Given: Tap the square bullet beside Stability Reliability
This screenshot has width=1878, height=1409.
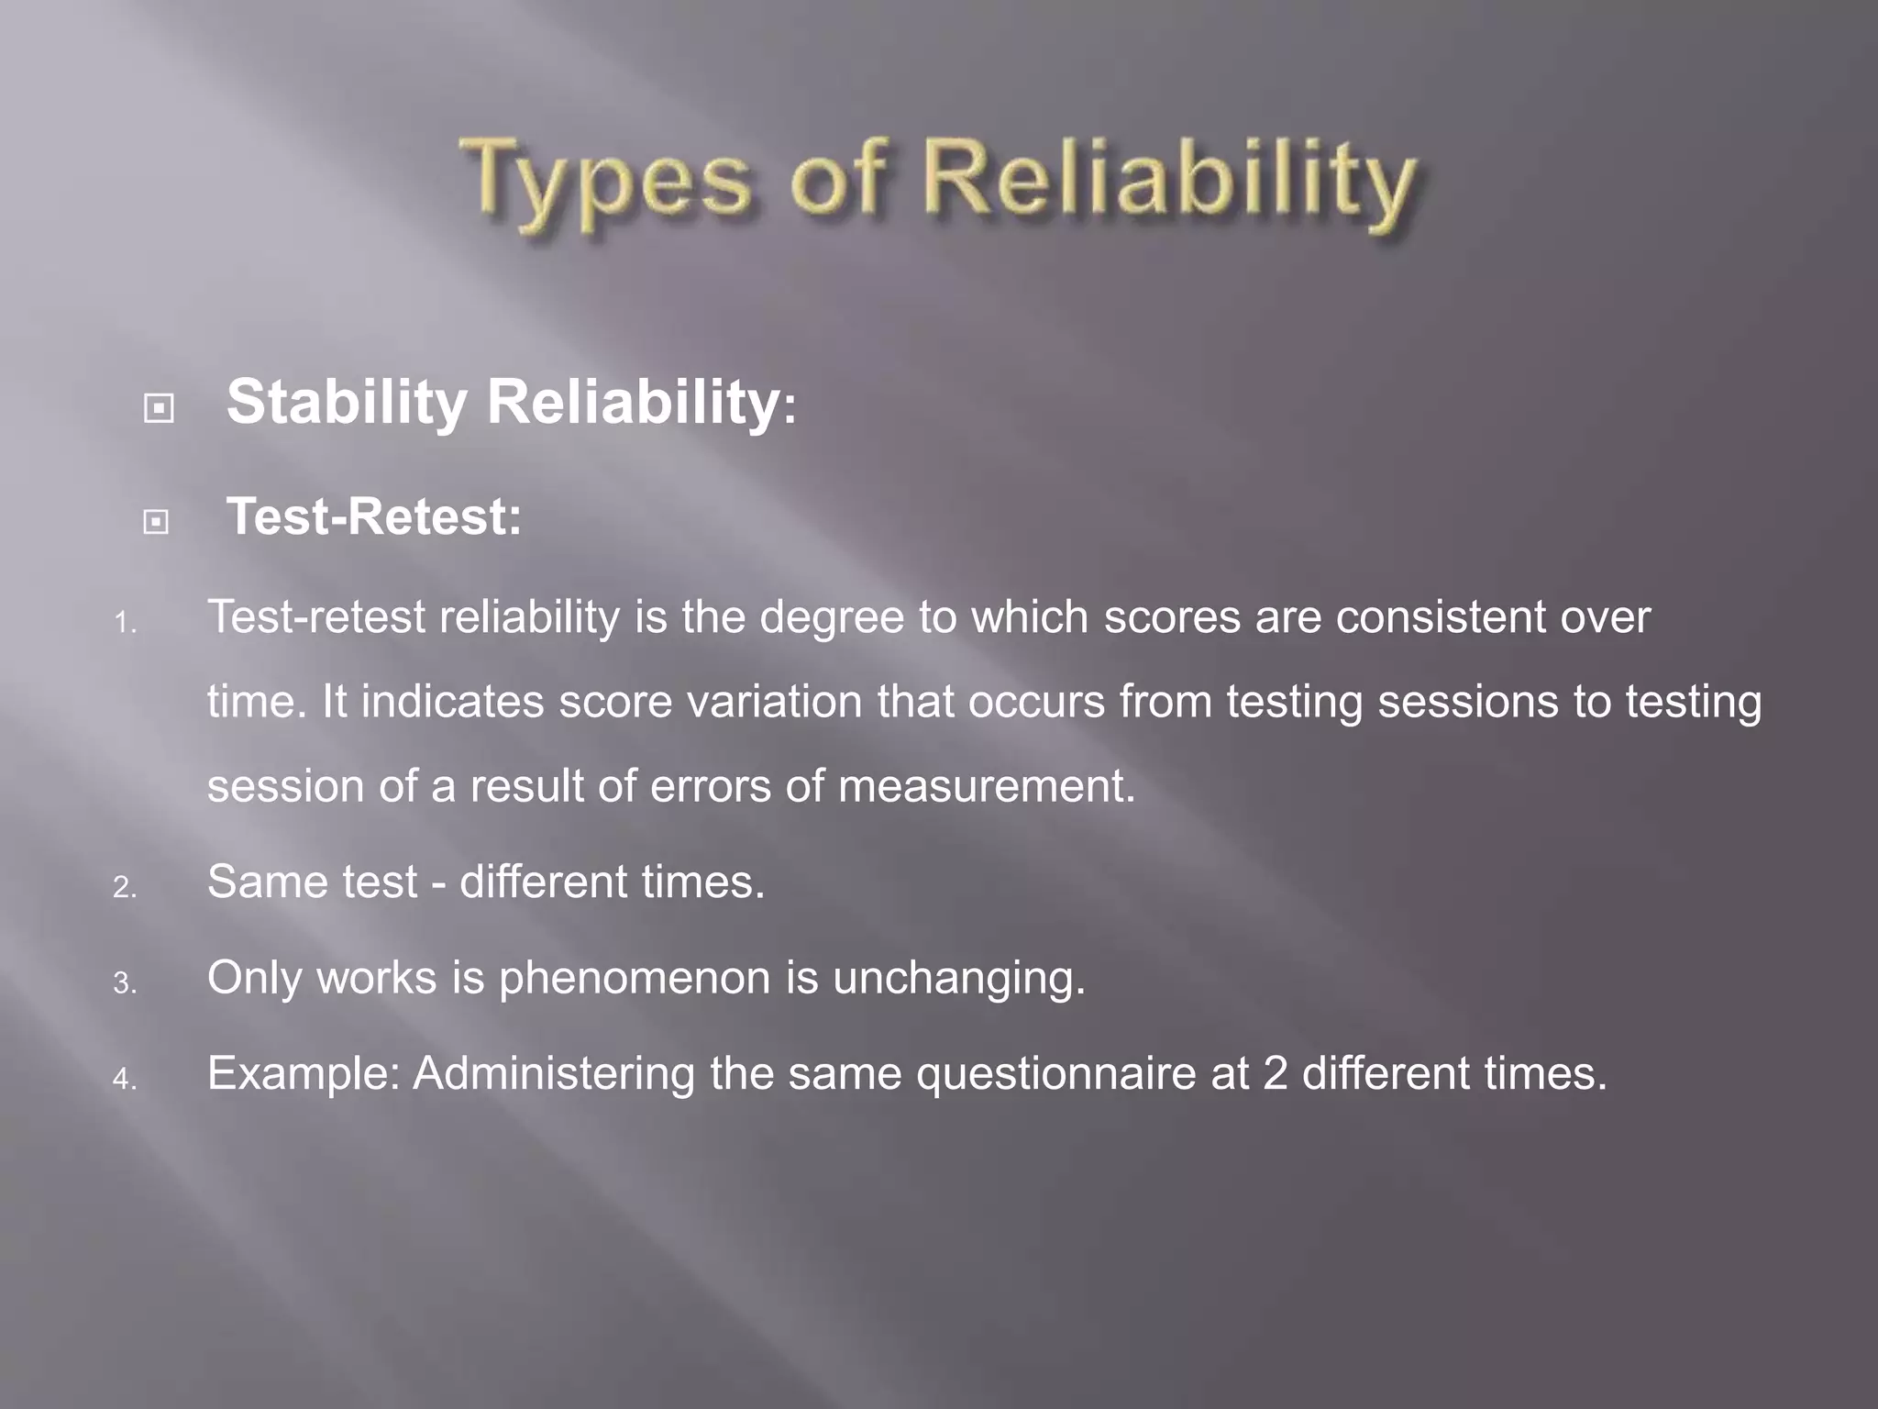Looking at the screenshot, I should point(159,407).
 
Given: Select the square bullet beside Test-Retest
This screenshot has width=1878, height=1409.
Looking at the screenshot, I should point(157,522).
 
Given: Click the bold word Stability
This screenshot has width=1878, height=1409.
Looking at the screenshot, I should point(347,404).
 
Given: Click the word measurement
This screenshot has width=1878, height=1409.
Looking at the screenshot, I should point(986,787).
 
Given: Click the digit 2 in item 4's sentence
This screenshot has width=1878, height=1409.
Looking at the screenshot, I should point(1275,1074).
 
